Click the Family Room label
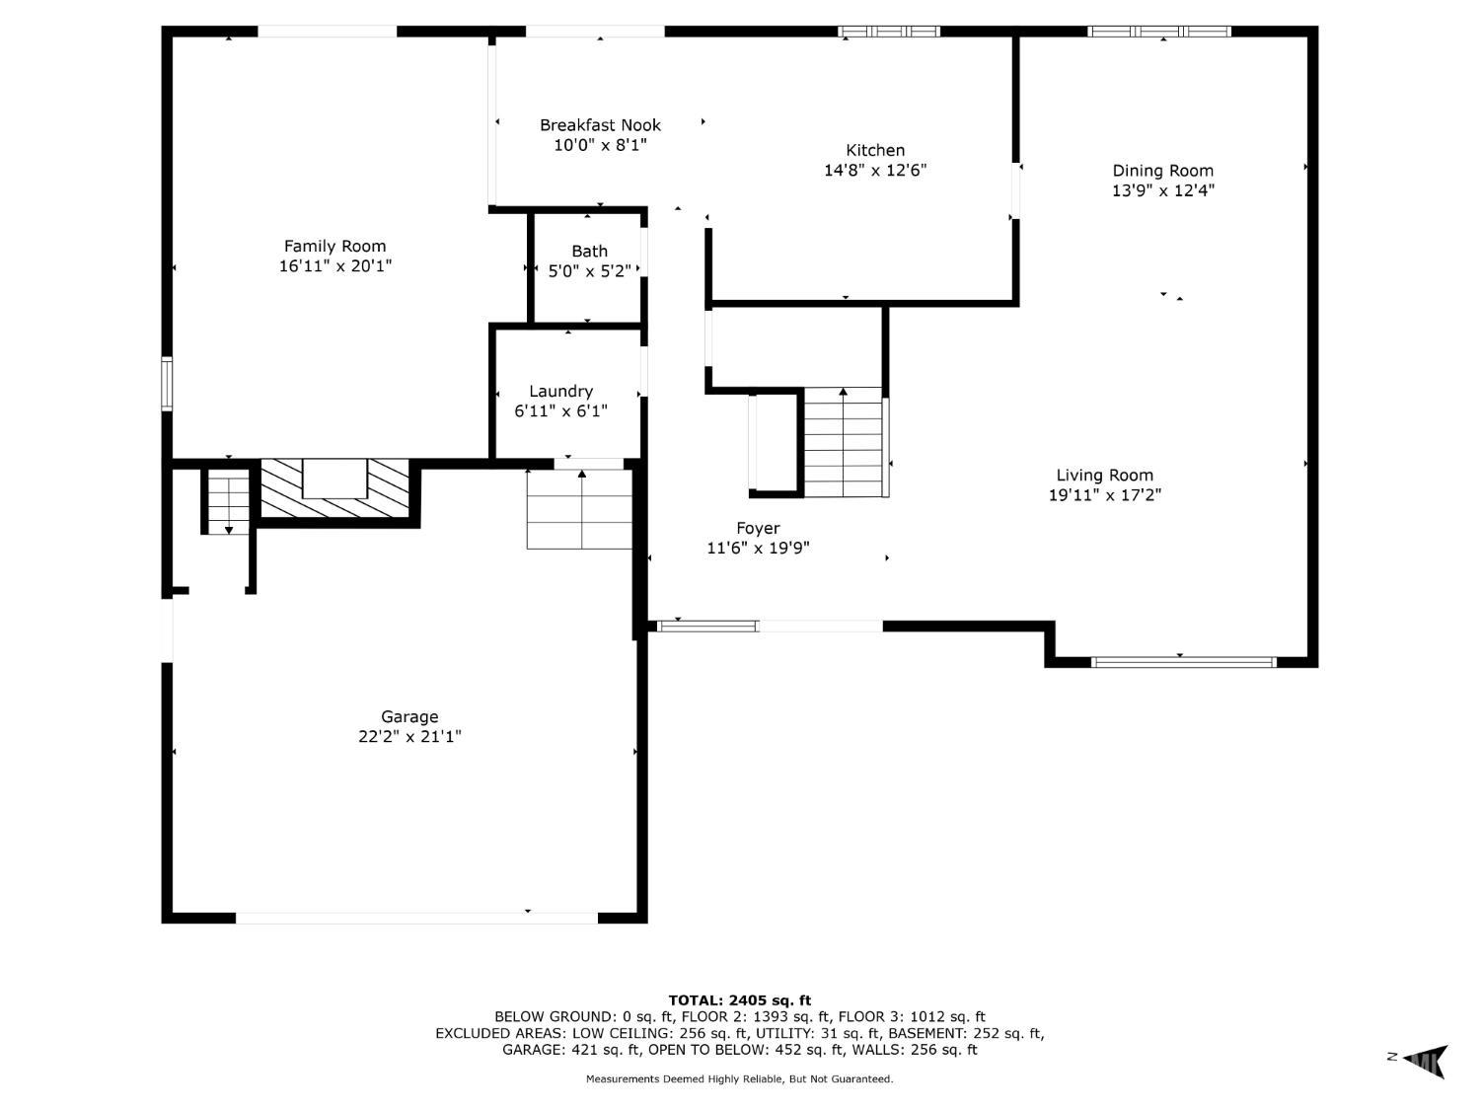click(334, 246)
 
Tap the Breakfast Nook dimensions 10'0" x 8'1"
click(600, 145)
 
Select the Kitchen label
click(875, 150)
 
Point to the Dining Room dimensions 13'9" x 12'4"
click(1162, 190)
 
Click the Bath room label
click(589, 252)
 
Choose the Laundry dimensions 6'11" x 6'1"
click(561, 411)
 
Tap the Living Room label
click(1104, 476)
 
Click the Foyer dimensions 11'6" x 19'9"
click(758, 548)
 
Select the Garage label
click(409, 717)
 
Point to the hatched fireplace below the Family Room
click(335, 488)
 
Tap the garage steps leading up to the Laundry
click(579, 509)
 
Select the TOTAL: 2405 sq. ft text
click(740, 1000)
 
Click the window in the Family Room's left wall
click(167, 384)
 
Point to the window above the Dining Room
click(1159, 31)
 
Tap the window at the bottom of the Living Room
click(1184, 662)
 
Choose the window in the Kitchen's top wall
click(889, 31)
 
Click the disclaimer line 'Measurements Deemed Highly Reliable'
click(740, 1079)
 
